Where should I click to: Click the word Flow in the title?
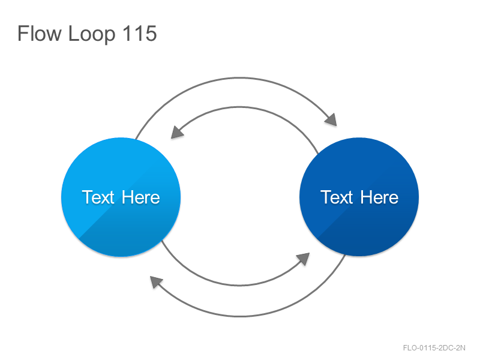click(x=39, y=33)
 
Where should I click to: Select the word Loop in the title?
click(x=92, y=34)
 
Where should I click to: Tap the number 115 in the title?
click(x=140, y=33)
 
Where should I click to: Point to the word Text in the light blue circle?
click(x=98, y=197)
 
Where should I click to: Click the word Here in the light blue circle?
click(x=141, y=197)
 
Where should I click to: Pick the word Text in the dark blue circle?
click(x=337, y=197)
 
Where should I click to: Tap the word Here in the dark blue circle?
click(x=379, y=197)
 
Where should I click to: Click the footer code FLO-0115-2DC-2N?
click(x=434, y=348)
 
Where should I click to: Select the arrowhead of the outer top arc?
click(x=332, y=119)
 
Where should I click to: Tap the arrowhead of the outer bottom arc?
click(x=155, y=281)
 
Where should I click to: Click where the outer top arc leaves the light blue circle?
click(x=136, y=139)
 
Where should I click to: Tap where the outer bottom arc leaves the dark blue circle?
click(x=346, y=254)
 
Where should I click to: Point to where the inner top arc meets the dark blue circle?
click(x=319, y=154)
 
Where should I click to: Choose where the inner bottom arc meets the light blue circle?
click(x=161, y=241)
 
